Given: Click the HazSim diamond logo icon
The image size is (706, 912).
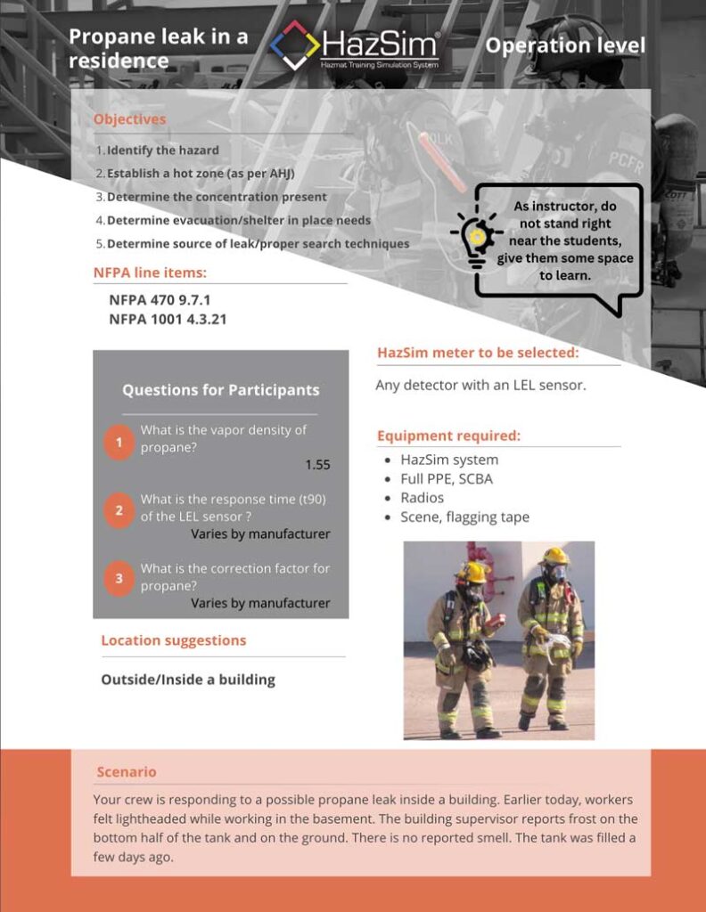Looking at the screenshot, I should pos(295,45).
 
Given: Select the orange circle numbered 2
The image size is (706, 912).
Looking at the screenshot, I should pos(119,510).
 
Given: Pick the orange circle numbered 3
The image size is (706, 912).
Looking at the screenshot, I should pos(119,579).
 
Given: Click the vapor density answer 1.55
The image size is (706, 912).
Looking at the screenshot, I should pos(317,465).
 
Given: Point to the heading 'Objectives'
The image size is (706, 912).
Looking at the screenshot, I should pos(129,119).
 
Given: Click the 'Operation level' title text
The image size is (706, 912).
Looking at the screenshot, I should pos(565,45).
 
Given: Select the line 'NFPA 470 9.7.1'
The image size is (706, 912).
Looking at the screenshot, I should pos(160,300).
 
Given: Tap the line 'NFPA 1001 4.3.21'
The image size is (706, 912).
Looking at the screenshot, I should pos(168,319).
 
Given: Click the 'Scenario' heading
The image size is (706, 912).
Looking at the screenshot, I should pos(126,772).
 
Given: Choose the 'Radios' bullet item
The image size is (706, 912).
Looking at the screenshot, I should pos(422,498).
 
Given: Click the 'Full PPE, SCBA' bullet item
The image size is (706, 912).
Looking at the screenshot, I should pos(446,479).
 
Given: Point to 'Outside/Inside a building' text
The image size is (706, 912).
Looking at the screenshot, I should pos(188,680).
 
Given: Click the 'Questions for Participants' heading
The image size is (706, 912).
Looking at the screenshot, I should pos(220,390).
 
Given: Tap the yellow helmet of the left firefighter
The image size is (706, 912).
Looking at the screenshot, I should pos(472,571).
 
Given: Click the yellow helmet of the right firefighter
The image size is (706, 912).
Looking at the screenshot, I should pos(554,557).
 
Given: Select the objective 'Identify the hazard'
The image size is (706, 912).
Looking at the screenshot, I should pos(162,151).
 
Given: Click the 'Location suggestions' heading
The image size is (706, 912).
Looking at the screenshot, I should pos(173,640).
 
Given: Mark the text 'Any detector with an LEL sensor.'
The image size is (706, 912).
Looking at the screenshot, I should pos(480,386).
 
